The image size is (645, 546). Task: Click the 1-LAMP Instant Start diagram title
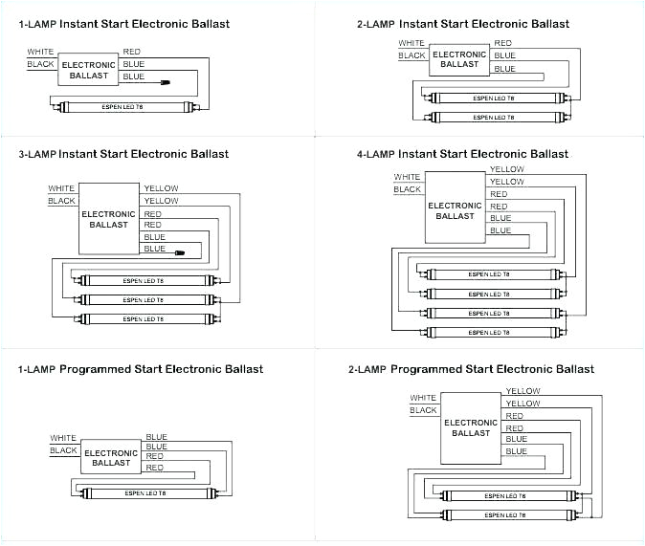click(123, 24)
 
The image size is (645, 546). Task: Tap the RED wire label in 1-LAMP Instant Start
click(132, 51)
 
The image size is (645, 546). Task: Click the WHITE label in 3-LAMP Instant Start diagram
click(61, 188)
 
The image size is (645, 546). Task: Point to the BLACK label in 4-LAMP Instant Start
click(407, 189)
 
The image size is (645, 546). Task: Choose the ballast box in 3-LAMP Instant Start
click(108, 219)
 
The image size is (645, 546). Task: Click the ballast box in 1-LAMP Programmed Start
click(110, 458)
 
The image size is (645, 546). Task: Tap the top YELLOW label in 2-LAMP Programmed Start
click(523, 391)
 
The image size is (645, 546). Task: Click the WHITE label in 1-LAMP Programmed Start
click(63, 438)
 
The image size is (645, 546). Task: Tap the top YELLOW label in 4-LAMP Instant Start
click(506, 169)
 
